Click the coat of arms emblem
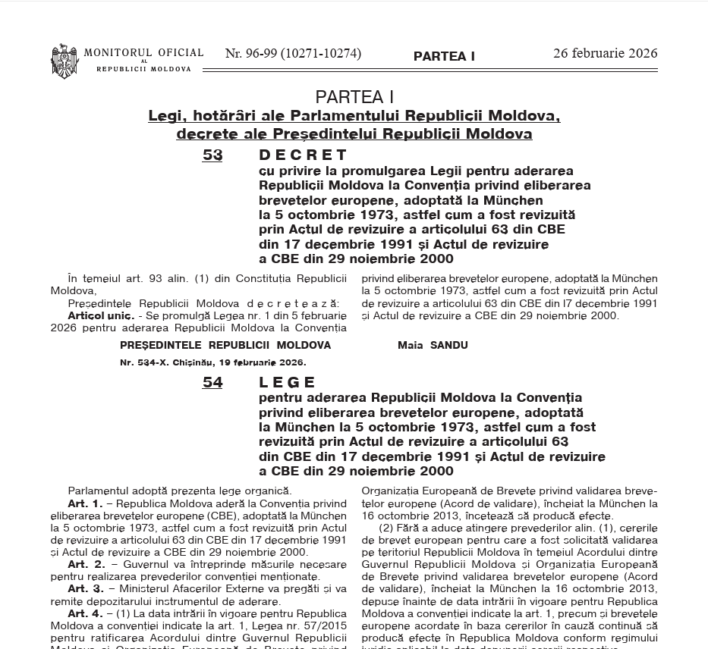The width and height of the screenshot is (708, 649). click(x=65, y=61)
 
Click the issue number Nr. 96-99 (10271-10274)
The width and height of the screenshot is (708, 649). click(x=293, y=54)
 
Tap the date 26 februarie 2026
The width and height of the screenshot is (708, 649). click(x=605, y=53)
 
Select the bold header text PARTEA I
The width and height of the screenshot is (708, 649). click(x=444, y=57)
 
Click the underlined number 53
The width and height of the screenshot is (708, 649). click(x=212, y=155)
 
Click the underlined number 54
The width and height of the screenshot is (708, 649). click(x=212, y=382)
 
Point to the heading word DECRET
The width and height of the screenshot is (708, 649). click(x=304, y=155)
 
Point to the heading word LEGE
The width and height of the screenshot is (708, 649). click(x=288, y=382)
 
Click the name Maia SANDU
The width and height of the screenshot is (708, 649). click(x=433, y=345)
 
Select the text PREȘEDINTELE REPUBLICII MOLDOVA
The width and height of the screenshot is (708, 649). click(x=225, y=345)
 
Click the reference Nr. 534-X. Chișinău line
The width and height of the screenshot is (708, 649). click(x=212, y=362)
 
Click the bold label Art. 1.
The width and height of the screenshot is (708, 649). click(x=85, y=503)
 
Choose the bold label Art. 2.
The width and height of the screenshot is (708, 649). click(x=86, y=564)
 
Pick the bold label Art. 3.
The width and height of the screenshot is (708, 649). click(x=86, y=588)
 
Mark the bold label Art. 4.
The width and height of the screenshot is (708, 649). click(x=85, y=613)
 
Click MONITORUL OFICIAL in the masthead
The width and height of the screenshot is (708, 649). click(x=143, y=53)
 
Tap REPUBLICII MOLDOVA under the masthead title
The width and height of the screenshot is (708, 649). click(x=143, y=69)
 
